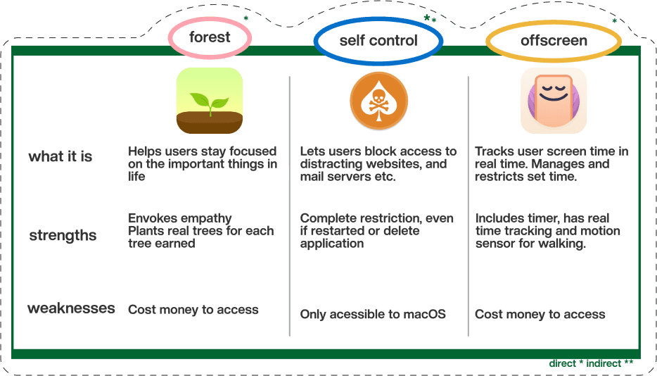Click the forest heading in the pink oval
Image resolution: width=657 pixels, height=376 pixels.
[x=210, y=37]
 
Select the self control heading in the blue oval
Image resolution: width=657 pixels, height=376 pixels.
[x=378, y=40]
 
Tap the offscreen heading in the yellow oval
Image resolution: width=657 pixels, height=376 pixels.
[x=554, y=41]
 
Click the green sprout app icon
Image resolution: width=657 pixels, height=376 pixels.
[x=210, y=101]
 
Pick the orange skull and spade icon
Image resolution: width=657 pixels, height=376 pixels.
[x=378, y=101]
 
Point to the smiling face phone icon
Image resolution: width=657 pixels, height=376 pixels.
[x=554, y=101]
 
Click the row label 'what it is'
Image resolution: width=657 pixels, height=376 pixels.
[x=60, y=156]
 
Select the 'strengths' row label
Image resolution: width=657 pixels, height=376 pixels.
[x=63, y=235]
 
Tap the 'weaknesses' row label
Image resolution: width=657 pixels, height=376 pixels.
[x=71, y=308]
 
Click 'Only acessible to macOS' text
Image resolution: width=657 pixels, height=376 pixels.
[x=373, y=314]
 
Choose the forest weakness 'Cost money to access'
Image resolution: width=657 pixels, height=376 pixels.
[x=193, y=310]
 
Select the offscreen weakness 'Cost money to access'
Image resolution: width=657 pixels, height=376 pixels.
[x=540, y=314]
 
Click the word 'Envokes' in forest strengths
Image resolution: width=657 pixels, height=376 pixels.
[x=153, y=218]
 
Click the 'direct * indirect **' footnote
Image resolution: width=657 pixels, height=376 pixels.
[x=591, y=363]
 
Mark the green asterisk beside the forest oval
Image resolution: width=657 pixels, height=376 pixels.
[x=246, y=18]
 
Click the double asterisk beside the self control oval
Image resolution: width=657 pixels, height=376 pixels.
[x=430, y=18]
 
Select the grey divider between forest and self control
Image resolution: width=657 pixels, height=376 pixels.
[x=290, y=206]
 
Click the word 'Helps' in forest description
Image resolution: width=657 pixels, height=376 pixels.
[x=143, y=151]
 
